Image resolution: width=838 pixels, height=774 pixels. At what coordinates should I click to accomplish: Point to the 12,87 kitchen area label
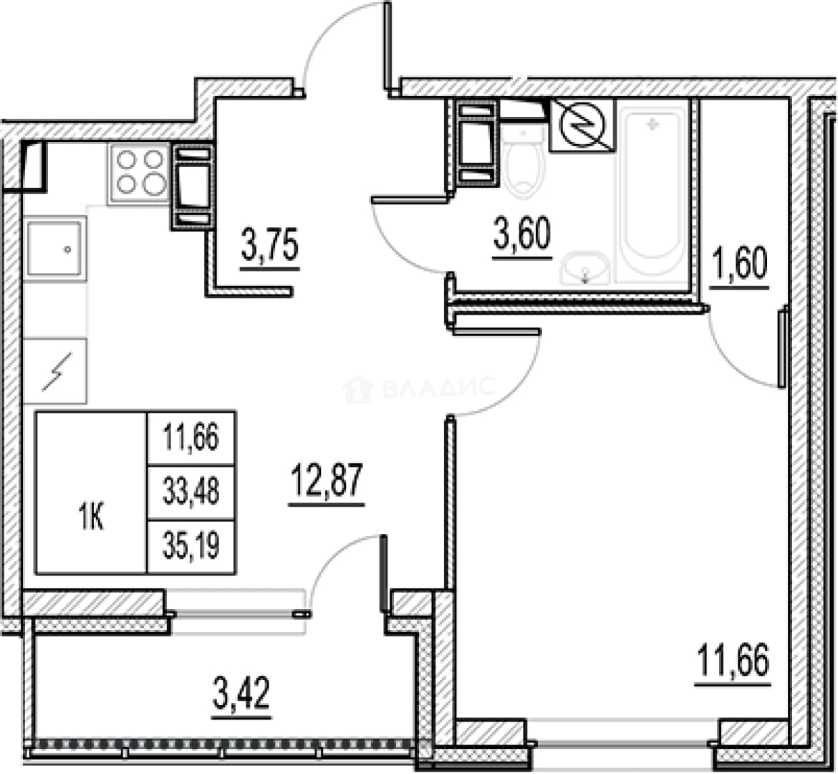[327, 483]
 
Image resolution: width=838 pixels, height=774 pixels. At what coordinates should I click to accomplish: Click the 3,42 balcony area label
[241, 695]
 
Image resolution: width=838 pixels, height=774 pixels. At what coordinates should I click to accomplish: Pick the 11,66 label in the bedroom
[733, 663]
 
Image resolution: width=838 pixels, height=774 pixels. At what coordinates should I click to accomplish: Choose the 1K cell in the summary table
[92, 519]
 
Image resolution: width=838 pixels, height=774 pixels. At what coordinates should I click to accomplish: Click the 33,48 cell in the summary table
[191, 492]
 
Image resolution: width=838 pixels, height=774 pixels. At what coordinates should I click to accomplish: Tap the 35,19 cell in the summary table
[191, 547]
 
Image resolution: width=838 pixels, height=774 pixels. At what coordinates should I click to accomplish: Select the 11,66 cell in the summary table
[191, 438]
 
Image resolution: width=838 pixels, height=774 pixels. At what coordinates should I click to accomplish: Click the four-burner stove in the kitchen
[140, 173]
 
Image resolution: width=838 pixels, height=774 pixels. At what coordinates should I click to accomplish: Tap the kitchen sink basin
[55, 249]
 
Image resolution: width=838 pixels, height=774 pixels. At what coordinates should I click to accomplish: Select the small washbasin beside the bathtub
[584, 267]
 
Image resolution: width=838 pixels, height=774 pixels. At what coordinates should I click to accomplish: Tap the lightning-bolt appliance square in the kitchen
[54, 371]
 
